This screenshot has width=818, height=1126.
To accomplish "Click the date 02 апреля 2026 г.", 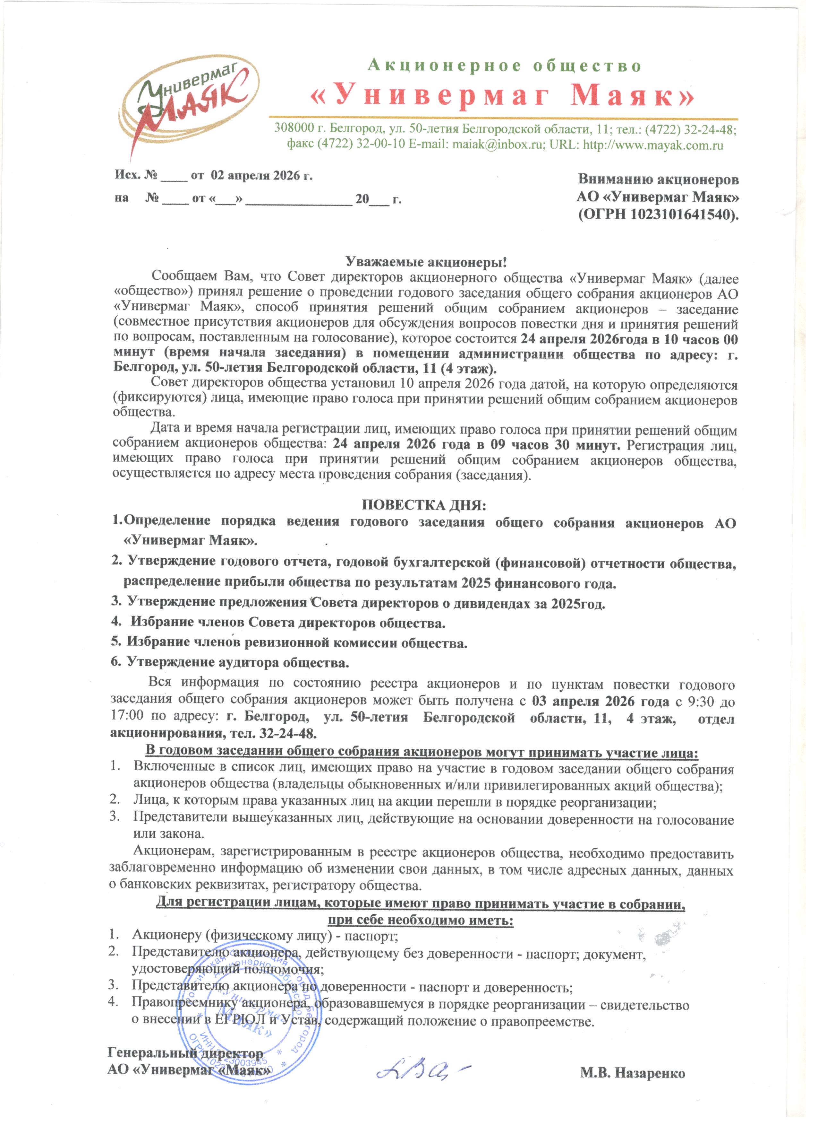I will [x=262, y=175].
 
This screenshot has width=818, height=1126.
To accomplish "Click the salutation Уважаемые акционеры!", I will [x=426, y=262].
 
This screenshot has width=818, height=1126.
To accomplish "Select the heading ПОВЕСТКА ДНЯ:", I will [x=424, y=505].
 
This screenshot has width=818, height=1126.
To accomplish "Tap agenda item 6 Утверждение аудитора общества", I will [x=230, y=662].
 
